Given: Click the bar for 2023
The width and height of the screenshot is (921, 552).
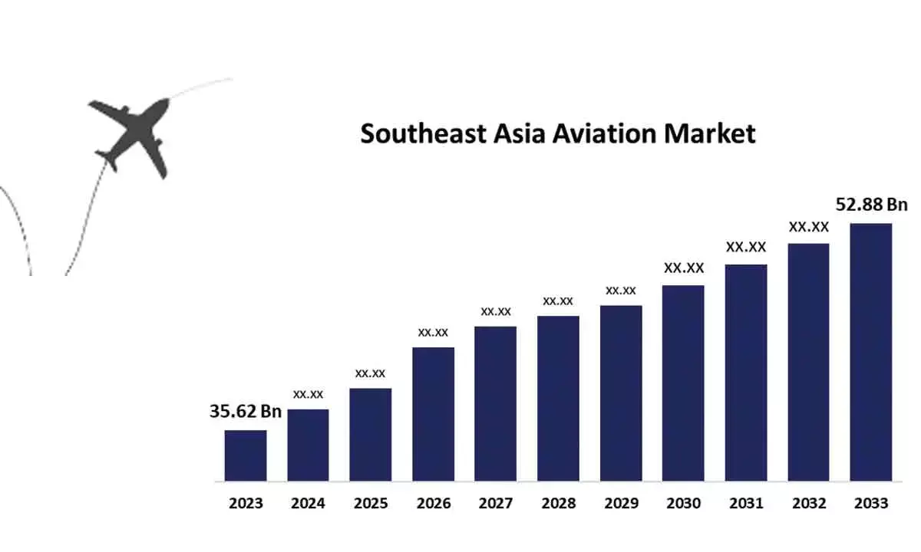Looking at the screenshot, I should (x=246, y=455).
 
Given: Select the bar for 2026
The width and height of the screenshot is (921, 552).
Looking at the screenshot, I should (x=434, y=414).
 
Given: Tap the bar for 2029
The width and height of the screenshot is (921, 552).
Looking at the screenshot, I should (x=621, y=393).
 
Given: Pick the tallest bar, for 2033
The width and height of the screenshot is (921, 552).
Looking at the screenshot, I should (x=871, y=352).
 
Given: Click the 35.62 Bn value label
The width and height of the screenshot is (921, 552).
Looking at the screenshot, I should (x=246, y=412).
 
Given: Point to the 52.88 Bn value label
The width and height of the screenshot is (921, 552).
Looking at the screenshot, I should (x=871, y=205).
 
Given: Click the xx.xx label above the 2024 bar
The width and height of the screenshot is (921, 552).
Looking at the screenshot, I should (x=308, y=394).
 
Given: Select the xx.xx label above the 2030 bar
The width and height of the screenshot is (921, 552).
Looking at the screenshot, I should (x=684, y=268).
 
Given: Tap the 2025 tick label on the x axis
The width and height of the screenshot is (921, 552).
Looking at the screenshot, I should (x=371, y=504).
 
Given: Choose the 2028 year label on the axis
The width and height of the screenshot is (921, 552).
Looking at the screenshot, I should (x=558, y=504).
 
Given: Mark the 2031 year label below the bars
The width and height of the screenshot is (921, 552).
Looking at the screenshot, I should (x=746, y=504).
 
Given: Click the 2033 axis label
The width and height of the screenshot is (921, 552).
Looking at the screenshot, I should (x=871, y=504).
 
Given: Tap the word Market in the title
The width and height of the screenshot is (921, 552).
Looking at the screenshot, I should (x=710, y=133).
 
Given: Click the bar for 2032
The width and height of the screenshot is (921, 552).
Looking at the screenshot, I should (x=808, y=362).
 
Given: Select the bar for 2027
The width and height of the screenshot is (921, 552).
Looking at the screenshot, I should (x=496, y=403).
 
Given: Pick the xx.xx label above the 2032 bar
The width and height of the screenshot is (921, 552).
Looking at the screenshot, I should (x=809, y=227).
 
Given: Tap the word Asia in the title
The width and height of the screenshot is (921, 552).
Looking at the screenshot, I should (x=523, y=133).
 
